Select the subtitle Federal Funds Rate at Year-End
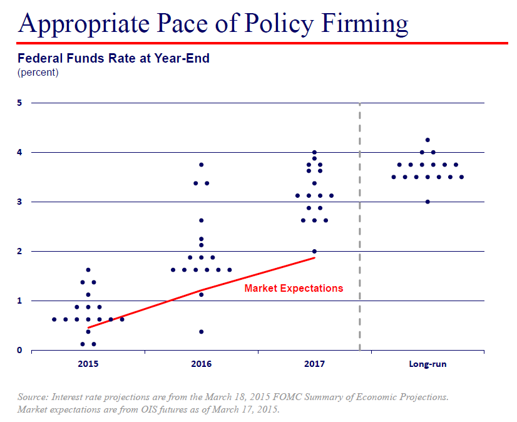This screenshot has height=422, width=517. click(113, 59)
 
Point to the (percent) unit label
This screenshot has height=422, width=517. click(38, 73)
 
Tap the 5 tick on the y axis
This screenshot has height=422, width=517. click(19, 103)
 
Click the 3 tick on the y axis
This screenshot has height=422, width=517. click(19, 202)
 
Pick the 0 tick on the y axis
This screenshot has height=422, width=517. click(19, 350)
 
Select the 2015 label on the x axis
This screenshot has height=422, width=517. click(88, 364)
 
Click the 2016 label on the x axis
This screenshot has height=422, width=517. click(201, 364)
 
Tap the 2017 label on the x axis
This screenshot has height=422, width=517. click(314, 364)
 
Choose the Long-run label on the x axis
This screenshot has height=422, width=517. click(427, 364)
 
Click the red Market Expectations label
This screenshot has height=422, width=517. click(294, 288)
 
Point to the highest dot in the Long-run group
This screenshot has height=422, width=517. click(427, 140)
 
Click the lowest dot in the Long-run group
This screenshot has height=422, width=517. click(427, 202)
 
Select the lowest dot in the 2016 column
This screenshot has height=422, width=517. click(201, 332)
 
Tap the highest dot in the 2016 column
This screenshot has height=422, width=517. click(201, 165)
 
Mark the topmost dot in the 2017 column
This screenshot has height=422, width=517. click(314, 152)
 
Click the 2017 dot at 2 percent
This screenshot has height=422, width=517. click(314, 251)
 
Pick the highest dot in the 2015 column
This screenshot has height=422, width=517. click(88, 270)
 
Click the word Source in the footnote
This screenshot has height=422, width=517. click(33, 398)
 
